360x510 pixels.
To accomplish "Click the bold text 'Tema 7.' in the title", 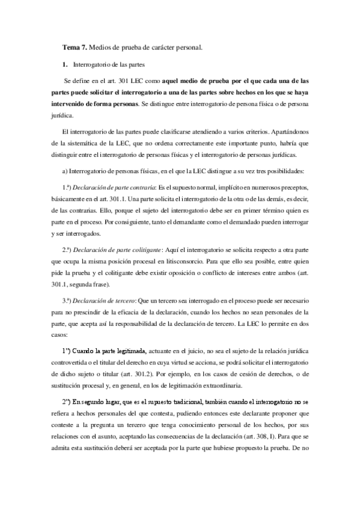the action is [x=75, y=47].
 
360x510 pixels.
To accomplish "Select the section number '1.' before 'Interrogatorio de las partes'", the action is [x=65, y=63].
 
